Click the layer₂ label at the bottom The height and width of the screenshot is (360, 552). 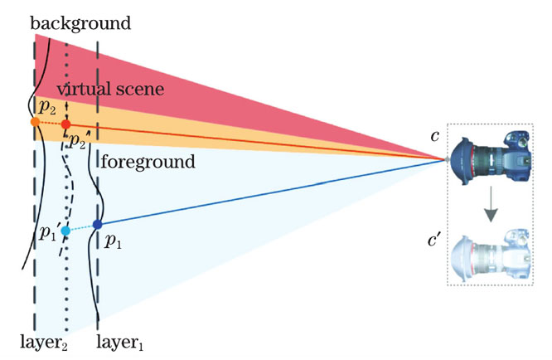point(43,341)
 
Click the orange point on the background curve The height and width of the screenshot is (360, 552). point(35,122)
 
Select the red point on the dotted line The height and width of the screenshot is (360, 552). point(66,124)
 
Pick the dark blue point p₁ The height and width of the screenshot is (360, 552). point(98,224)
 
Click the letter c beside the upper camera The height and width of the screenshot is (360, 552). point(434,135)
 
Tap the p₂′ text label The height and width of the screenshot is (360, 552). point(79,141)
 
